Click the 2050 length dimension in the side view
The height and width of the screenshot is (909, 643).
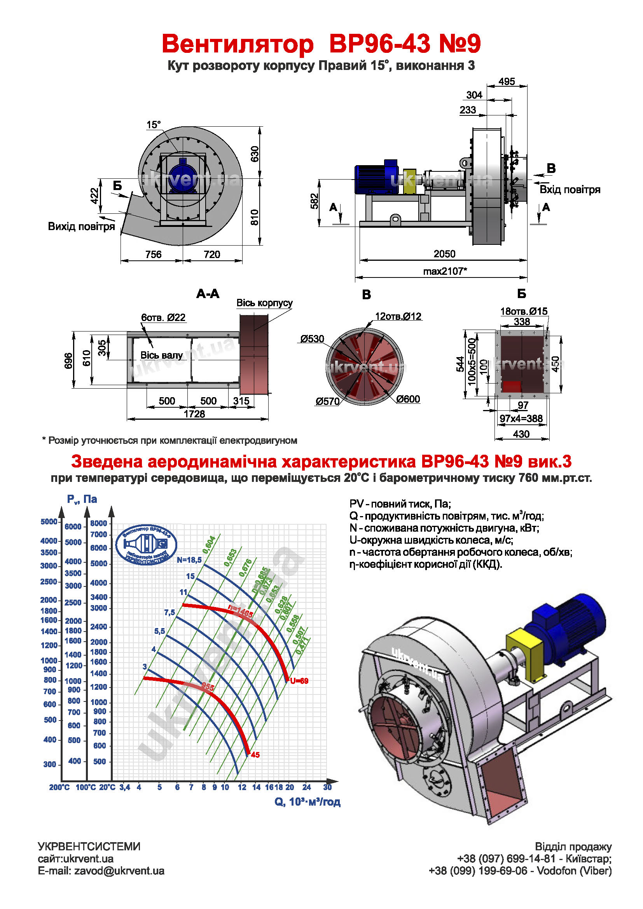pos(444,254)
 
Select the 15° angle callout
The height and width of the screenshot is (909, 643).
pos(154,125)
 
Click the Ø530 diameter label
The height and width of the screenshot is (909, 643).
pos(312,339)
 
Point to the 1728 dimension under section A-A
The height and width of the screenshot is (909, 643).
pos(194,414)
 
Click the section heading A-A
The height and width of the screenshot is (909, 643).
pos(208,294)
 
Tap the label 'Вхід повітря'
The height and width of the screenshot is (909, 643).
pos(570,190)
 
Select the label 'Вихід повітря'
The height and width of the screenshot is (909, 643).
pos(81,227)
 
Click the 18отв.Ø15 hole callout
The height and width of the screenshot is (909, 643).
pos(524,311)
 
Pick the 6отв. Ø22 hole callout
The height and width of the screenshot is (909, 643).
pos(163,318)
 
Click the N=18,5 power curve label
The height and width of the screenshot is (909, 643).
pos(189,560)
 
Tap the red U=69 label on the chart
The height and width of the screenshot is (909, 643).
pos(299,681)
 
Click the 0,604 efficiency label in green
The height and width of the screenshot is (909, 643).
pos(209,545)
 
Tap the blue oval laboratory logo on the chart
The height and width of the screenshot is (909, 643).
pos(146,545)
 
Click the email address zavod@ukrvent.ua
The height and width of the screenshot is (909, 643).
pos(119,871)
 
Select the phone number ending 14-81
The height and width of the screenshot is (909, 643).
pos(507,859)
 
